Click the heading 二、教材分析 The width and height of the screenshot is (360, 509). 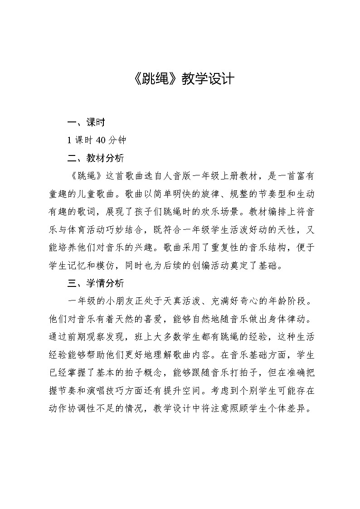click(x=95, y=158)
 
